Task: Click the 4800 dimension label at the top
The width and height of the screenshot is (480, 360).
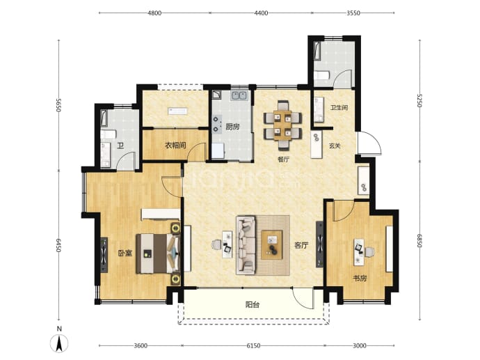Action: [x=154, y=13]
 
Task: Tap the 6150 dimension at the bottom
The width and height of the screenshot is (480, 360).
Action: [x=253, y=345]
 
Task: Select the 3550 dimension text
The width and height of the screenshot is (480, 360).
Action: [x=353, y=13]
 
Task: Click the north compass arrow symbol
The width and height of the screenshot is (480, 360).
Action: [x=59, y=343]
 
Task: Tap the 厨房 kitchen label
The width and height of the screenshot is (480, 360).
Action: [x=232, y=127]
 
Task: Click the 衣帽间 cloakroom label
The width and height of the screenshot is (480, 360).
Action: [x=175, y=145]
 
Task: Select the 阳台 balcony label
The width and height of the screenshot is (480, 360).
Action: [x=253, y=304]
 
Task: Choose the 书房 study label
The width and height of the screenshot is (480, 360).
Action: [x=360, y=279]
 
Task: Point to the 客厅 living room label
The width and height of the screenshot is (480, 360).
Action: [x=301, y=245]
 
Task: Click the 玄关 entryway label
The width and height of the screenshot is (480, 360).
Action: [x=335, y=146]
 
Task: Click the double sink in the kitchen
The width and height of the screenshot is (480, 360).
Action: [x=239, y=95]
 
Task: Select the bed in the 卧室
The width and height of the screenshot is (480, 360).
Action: [x=158, y=253]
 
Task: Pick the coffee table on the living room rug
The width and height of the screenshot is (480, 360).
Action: [x=271, y=245]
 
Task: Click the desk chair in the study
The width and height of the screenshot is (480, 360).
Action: [x=370, y=252]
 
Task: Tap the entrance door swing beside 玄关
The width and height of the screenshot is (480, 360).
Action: [x=370, y=143]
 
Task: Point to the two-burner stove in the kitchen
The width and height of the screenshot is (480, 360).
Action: [x=217, y=124]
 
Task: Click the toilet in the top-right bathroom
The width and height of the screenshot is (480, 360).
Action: [x=321, y=75]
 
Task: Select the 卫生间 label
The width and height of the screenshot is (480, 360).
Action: [x=339, y=107]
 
